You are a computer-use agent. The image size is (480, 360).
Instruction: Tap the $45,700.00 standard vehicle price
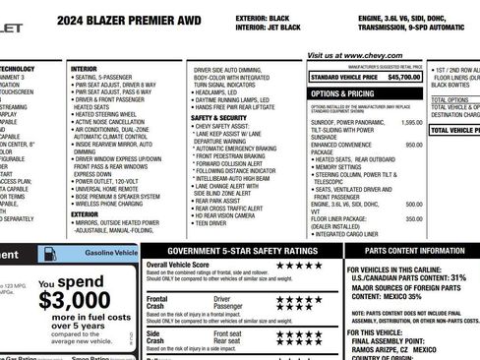pyautogui.click(x=403, y=76)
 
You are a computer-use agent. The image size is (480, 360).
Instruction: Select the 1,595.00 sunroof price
pyautogui.click(x=412, y=122)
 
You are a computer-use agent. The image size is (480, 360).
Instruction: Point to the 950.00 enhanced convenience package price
pyautogui.click(x=414, y=144)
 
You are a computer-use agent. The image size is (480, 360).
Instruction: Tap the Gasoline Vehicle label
pyautogui.click(x=111, y=254)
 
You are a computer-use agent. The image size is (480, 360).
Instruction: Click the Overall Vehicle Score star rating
pyautogui.click(x=302, y=265)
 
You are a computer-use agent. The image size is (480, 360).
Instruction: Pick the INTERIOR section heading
pyautogui.click(x=85, y=69)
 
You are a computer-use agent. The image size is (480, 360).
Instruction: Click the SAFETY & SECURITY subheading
pyautogui.click(x=218, y=117)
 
